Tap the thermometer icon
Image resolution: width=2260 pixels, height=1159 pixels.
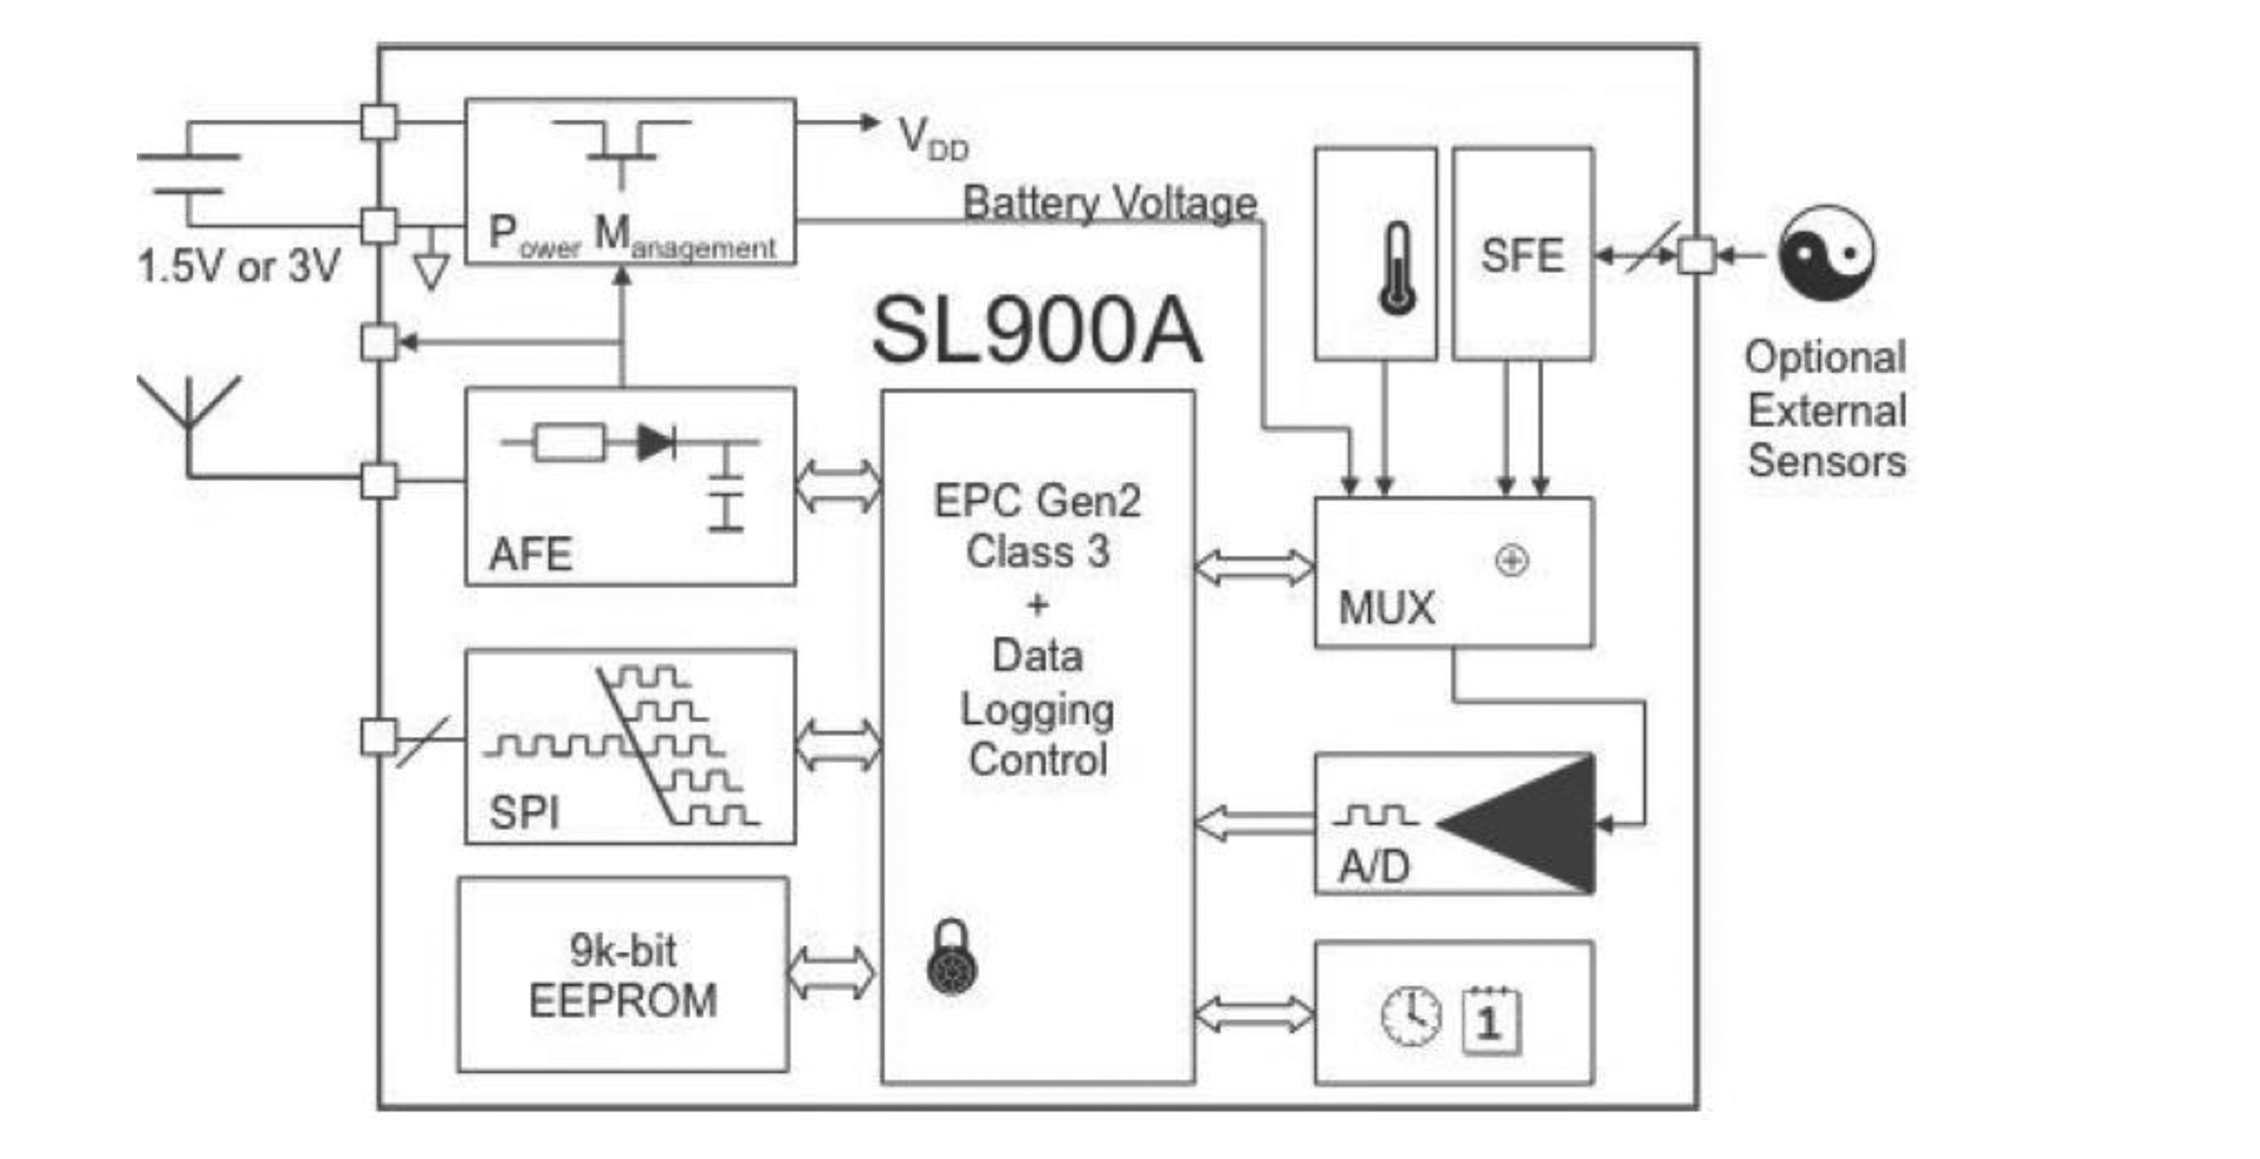pyautogui.click(x=1397, y=268)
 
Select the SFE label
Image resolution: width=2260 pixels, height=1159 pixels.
pyautogui.click(x=1521, y=256)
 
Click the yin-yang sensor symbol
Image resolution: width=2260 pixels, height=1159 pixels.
pyautogui.click(x=1825, y=253)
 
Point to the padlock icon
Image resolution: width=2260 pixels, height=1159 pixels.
pyautogui.click(x=952, y=958)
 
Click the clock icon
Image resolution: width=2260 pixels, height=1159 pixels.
pyautogui.click(x=1410, y=1016)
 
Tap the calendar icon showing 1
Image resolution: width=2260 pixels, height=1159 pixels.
pyautogui.click(x=1490, y=1020)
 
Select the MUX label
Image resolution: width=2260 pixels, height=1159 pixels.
pyautogui.click(x=1385, y=608)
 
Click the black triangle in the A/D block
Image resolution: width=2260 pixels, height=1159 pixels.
pyautogui.click(x=1531, y=824)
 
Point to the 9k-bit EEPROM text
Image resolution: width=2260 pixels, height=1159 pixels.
pyautogui.click(x=622, y=975)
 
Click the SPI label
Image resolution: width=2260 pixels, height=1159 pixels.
pyautogui.click(x=524, y=812)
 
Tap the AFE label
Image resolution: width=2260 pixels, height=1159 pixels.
pyautogui.click(x=530, y=554)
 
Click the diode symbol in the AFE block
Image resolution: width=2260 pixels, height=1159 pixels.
pyautogui.click(x=656, y=443)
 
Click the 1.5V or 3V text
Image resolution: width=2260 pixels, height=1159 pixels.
pyautogui.click(x=238, y=266)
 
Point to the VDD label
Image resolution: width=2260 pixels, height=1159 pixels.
pyautogui.click(x=931, y=139)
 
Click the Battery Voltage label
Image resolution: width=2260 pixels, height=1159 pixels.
pyautogui.click(x=1108, y=203)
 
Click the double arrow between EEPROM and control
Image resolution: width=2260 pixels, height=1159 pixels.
pyautogui.click(x=829, y=973)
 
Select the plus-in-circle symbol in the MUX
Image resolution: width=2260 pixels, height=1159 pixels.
pyautogui.click(x=1511, y=561)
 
